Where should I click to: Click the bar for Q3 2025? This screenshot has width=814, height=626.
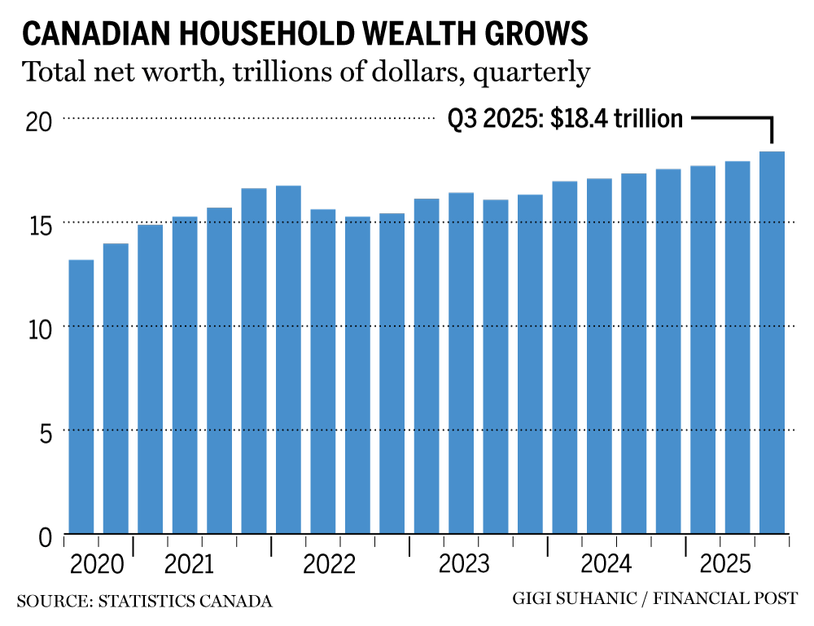point(772,342)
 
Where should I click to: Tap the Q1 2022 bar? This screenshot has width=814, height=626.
point(288,359)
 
